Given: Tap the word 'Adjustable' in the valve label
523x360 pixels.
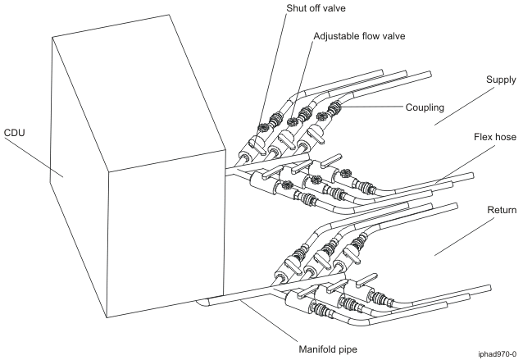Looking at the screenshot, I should (x=338, y=37).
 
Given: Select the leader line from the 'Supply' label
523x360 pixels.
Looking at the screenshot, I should (x=463, y=103).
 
